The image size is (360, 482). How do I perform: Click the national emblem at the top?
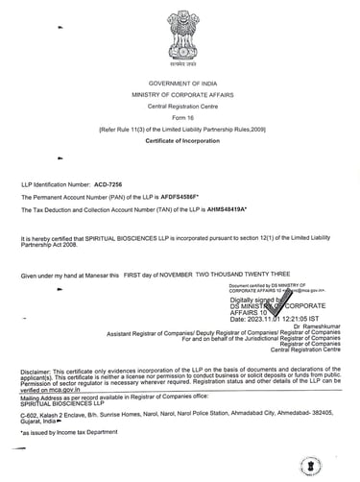180,34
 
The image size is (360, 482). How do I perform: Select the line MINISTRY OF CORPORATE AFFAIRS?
180,96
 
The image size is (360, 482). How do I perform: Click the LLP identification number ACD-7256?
114,181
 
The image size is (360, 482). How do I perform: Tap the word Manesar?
103,276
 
